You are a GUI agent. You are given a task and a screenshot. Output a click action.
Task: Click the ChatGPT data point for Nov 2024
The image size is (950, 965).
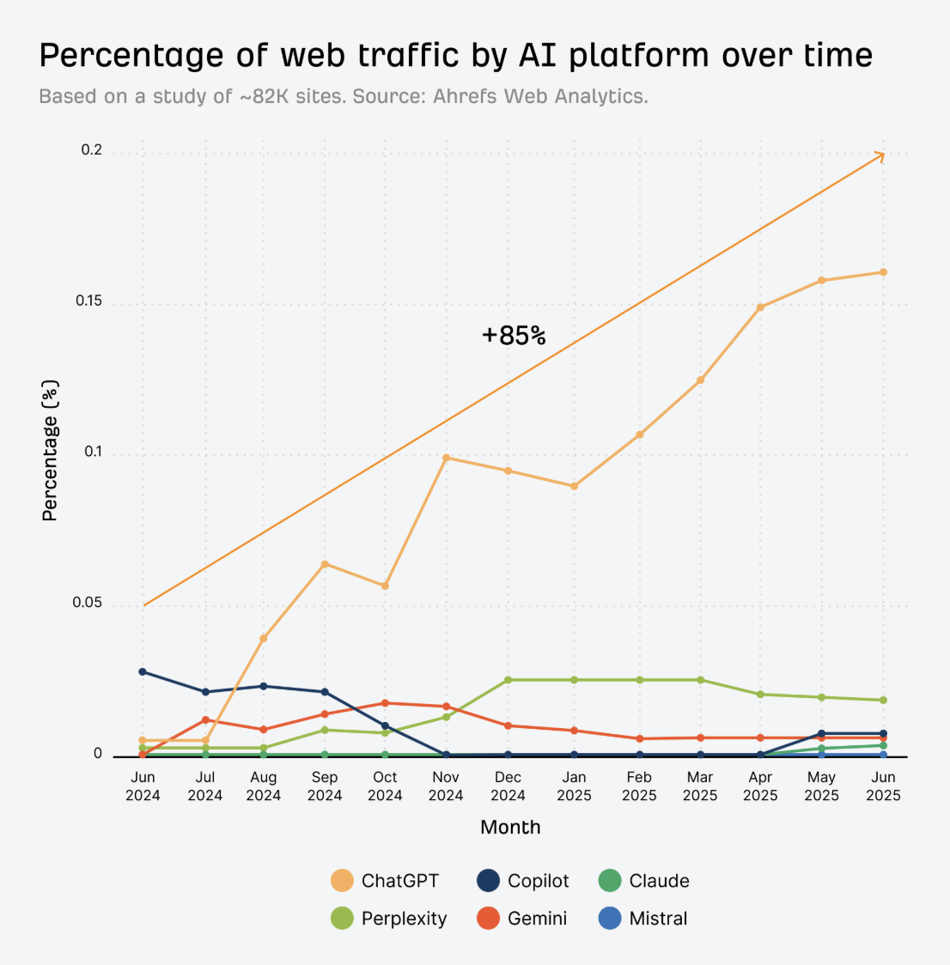(446, 458)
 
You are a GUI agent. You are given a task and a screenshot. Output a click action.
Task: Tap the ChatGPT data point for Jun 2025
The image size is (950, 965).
(883, 272)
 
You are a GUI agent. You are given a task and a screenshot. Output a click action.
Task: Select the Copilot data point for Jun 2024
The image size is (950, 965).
(143, 671)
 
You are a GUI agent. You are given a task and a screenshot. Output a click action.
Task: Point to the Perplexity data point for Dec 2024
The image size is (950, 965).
(508, 680)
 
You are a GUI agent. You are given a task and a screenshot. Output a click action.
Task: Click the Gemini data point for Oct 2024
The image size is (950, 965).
(385, 703)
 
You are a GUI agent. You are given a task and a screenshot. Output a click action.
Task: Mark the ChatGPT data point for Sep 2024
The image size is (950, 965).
(325, 564)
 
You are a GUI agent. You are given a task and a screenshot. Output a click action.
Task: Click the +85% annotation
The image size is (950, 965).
(514, 336)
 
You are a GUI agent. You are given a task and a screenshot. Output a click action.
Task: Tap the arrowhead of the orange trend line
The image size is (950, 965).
(880, 155)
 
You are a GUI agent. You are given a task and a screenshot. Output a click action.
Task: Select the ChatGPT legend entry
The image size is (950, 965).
(386, 881)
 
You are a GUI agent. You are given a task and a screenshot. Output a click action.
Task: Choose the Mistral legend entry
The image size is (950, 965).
(643, 919)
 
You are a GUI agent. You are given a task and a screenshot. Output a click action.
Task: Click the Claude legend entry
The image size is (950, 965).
(643, 881)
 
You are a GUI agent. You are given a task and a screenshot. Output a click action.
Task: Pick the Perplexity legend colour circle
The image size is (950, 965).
(342, 919)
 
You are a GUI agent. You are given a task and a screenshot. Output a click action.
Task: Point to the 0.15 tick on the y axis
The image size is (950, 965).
(88, 301)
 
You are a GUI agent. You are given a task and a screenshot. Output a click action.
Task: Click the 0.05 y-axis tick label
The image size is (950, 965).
(88, 603)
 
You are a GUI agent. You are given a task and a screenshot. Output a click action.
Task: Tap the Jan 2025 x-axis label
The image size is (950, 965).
(574, 786)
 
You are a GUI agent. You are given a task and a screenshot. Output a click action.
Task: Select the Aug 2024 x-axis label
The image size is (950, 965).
(264, 786)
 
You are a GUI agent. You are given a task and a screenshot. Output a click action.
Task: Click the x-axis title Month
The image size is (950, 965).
(510, 828)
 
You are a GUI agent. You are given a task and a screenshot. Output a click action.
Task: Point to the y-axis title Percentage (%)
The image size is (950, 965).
(50, 451)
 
